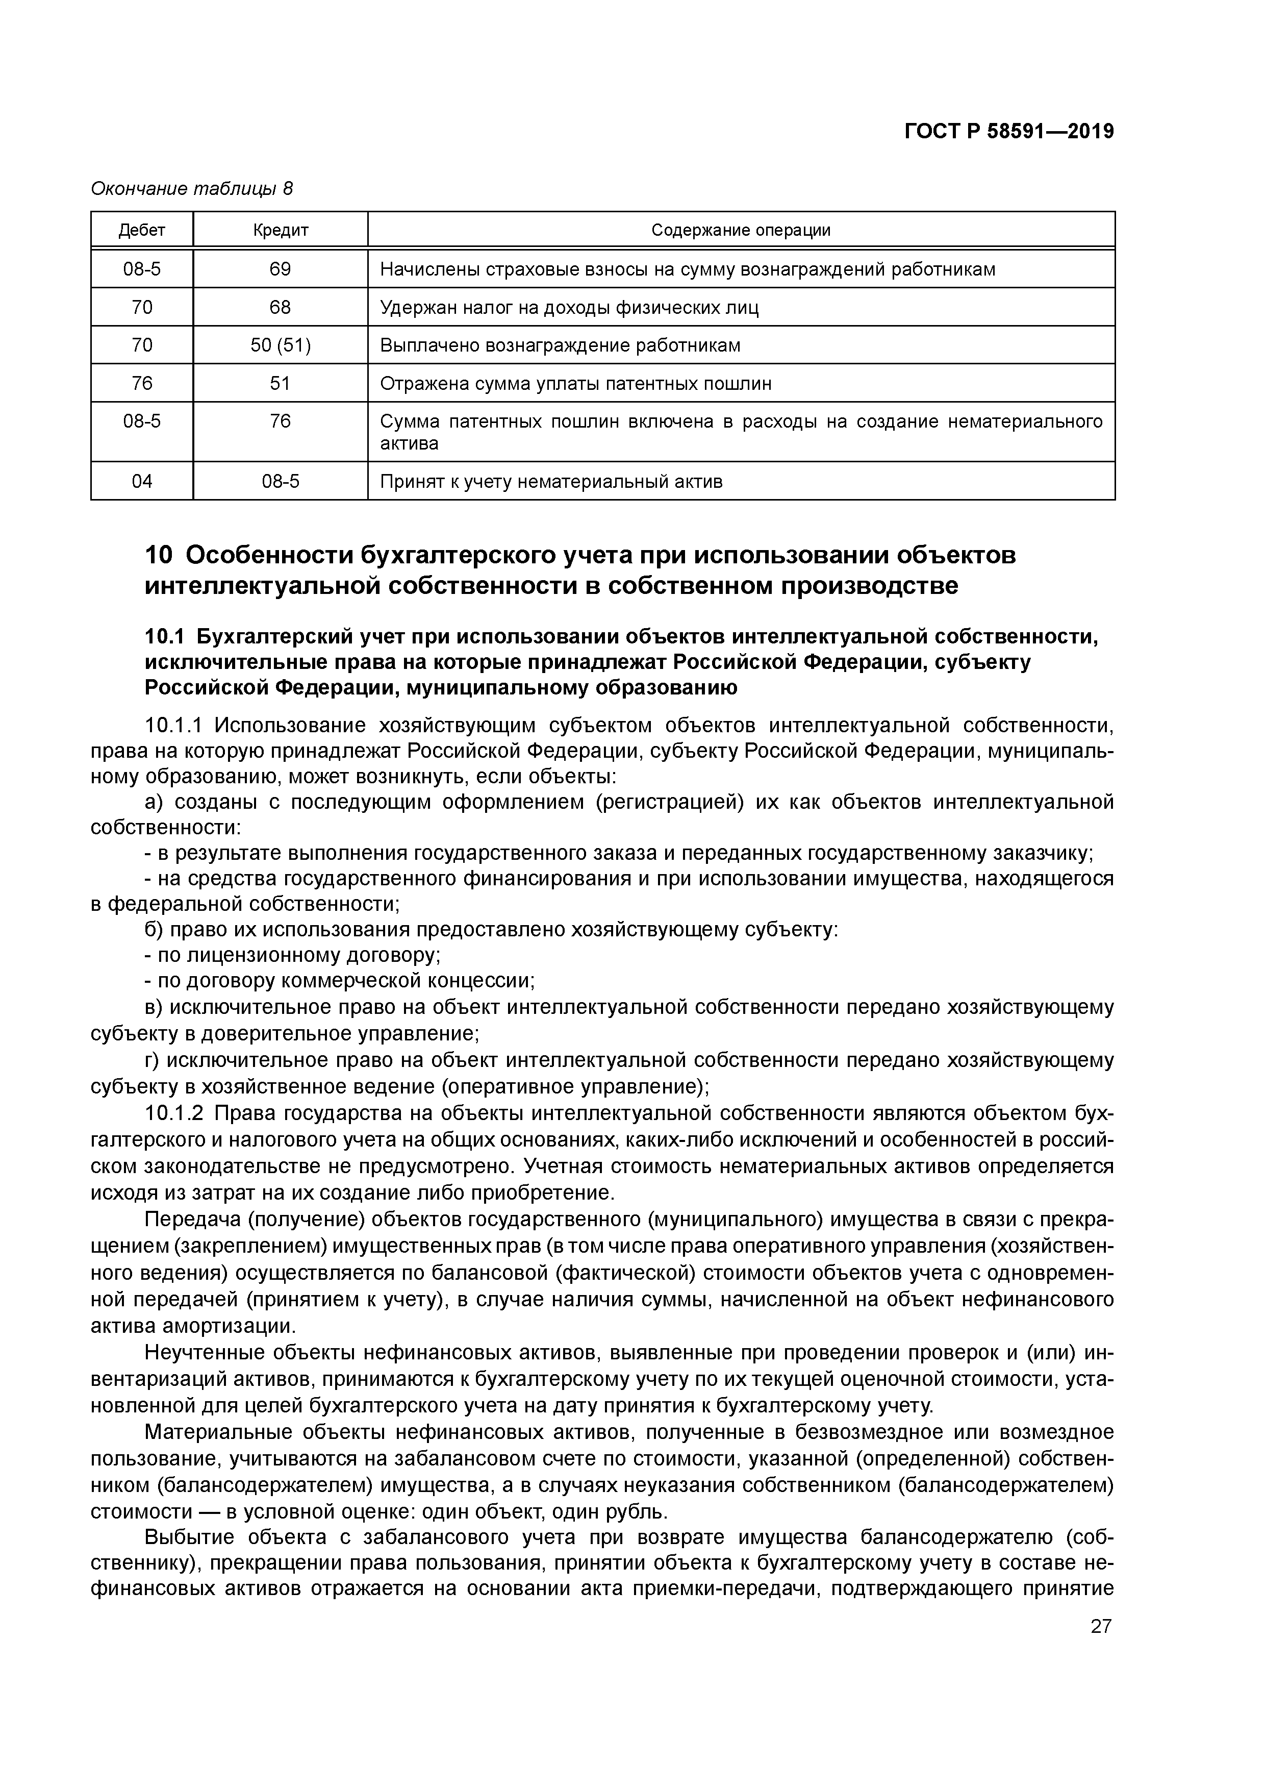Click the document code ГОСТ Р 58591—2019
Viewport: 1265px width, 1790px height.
(1008, 132)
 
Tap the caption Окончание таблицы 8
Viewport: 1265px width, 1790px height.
(192, 189)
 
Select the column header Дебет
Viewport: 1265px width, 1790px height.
(142, 230)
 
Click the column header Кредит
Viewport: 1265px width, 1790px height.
(280, 230)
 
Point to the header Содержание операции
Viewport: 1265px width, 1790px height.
(741, 230)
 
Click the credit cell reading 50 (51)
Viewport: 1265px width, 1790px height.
(280, 345)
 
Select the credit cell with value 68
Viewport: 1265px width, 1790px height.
(280, 307)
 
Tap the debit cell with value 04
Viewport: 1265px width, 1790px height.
(142, 481)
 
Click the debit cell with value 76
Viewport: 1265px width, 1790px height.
(142, 384)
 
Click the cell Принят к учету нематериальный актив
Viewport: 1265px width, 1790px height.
(551, 481)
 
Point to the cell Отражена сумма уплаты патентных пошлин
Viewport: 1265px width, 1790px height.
(575, 384)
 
